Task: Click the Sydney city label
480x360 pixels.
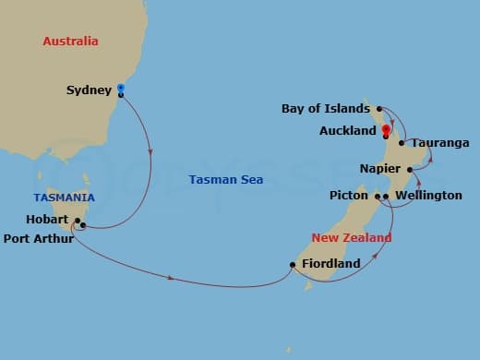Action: pyautogui.click(x=89, y=90)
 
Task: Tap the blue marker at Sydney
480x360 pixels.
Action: pyautogui.click(x=121, y=89)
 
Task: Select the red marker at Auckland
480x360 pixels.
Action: pyautogui.click(x=385, y=130)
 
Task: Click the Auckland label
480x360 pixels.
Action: pyautogui.click(x=347, y=131)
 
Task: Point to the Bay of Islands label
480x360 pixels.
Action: pyautogui.click(x=326, y=109)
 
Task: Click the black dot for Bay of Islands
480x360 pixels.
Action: pyautogui.click(x=378, y=109)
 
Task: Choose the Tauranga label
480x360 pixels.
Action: pyautogui.click(x=440, y=143)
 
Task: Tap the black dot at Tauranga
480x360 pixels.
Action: pyautogui.click(x=402, y=143)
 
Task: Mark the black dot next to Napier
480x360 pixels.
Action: pyautogui.click(x=410, y=170)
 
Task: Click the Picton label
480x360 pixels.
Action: pyautogui.click(x=349, y=196)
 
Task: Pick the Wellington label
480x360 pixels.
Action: pyautogui.click(x=428, y=196)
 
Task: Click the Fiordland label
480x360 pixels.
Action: pyautogui.click(x=331, y=264)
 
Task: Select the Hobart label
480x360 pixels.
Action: pyautogui.click(x=49, y=221)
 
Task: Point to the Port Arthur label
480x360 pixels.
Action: pyautogui.click(x=38, y=238)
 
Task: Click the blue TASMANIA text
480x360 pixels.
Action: pyautogui.click(x=63, y=198)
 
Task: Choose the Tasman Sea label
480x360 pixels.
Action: pyautogui.click(x=225, y=180)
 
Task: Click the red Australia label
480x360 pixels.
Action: pyautogui.click(x=71, y=42)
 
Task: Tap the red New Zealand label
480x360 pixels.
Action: pyautogui.click(x=352, y=238)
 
